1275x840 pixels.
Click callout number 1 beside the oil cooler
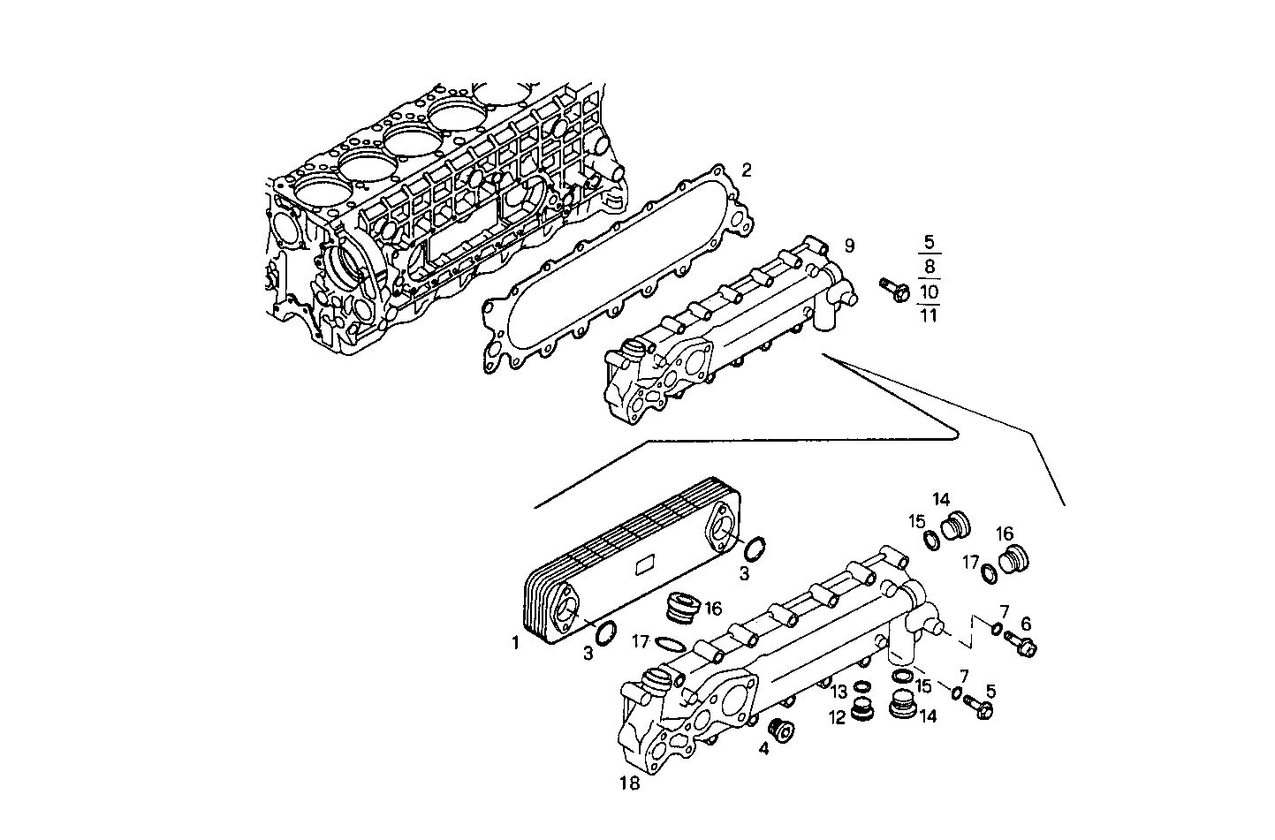[515, 644]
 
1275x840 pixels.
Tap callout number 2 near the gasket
[747, 170]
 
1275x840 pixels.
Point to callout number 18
[629, 783]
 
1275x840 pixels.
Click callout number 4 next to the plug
[763, 749]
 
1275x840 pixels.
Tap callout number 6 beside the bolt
[1027, 624]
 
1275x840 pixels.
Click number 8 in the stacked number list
[929, 266]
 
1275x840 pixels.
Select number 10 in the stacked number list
[929, 291]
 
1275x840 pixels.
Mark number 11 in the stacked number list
[929, 314]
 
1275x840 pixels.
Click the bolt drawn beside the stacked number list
[894, 289]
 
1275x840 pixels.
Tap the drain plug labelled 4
[782, 730]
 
